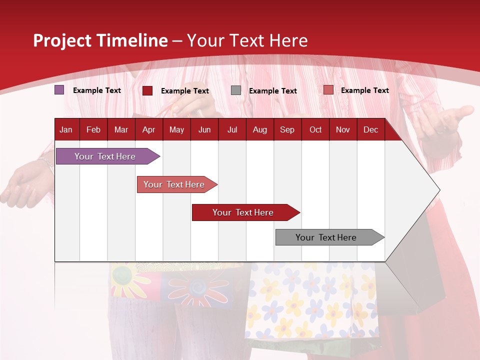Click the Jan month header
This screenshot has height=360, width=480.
(66, 130)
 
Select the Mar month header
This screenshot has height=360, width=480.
(121, 130)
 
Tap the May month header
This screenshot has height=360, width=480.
(176, 130)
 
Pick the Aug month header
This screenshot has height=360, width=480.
(259, 130)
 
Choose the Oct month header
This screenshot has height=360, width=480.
(315, 130)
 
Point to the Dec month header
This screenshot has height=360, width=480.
(370, 130)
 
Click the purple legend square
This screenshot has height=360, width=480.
(59, 90)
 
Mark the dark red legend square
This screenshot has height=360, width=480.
(147, 90)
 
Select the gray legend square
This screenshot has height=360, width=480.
(236, 90)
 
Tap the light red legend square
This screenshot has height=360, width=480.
(328, 90)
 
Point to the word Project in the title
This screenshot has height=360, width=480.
(62, 40)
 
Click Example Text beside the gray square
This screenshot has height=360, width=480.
(273, 91)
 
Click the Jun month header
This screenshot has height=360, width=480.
(204, 130)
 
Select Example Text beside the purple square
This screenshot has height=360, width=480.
(97, 90)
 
